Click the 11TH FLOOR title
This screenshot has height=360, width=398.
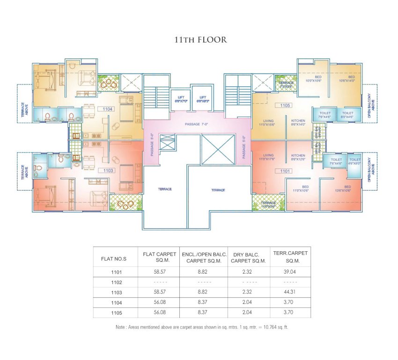click(x=200, y=40)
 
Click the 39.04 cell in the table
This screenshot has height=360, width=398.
click(x=290, y=271)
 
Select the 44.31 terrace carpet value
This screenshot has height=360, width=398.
click(x=290, y=292)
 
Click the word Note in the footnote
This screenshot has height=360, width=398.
click(x=120, y=327)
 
